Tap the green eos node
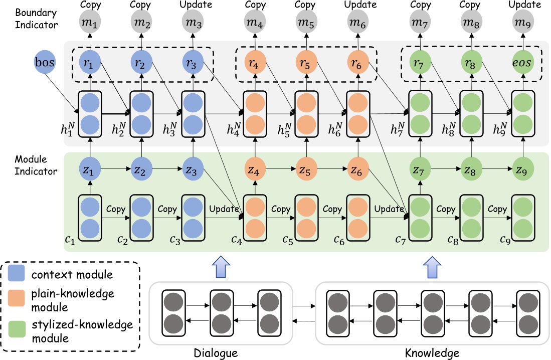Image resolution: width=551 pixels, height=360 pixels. [523, 64]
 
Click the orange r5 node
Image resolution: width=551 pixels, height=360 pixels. [305, 64]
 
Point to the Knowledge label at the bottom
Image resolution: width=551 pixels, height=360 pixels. [432, 353]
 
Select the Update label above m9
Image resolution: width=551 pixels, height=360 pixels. [523, 5]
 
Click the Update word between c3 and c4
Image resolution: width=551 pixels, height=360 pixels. [223, 208]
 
